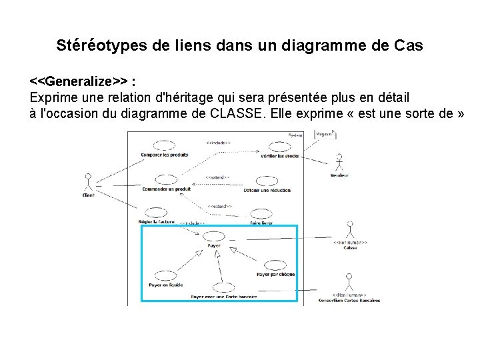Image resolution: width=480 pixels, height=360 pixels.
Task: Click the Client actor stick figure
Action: (87, 182)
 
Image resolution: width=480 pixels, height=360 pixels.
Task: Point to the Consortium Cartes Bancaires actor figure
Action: (347, 281)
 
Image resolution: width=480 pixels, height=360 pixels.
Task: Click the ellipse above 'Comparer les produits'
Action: (164, 145)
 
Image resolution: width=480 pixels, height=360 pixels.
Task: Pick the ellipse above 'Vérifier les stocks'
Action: (279, 147)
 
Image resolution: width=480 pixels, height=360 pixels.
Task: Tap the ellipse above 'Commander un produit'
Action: (165, 179)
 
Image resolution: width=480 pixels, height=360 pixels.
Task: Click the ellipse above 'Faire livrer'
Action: (260, 214)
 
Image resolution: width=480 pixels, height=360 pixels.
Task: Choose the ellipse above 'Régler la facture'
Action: (156, 213)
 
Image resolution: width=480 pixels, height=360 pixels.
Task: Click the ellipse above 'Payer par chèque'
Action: (275, 265)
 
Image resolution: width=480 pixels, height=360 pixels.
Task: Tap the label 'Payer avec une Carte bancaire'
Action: (223, 297)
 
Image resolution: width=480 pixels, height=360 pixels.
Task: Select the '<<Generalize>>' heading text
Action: (80, 81)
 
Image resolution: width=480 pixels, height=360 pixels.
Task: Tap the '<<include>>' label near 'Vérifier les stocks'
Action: (219, 143)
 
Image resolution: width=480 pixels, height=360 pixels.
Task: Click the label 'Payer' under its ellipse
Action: (214, 245)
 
